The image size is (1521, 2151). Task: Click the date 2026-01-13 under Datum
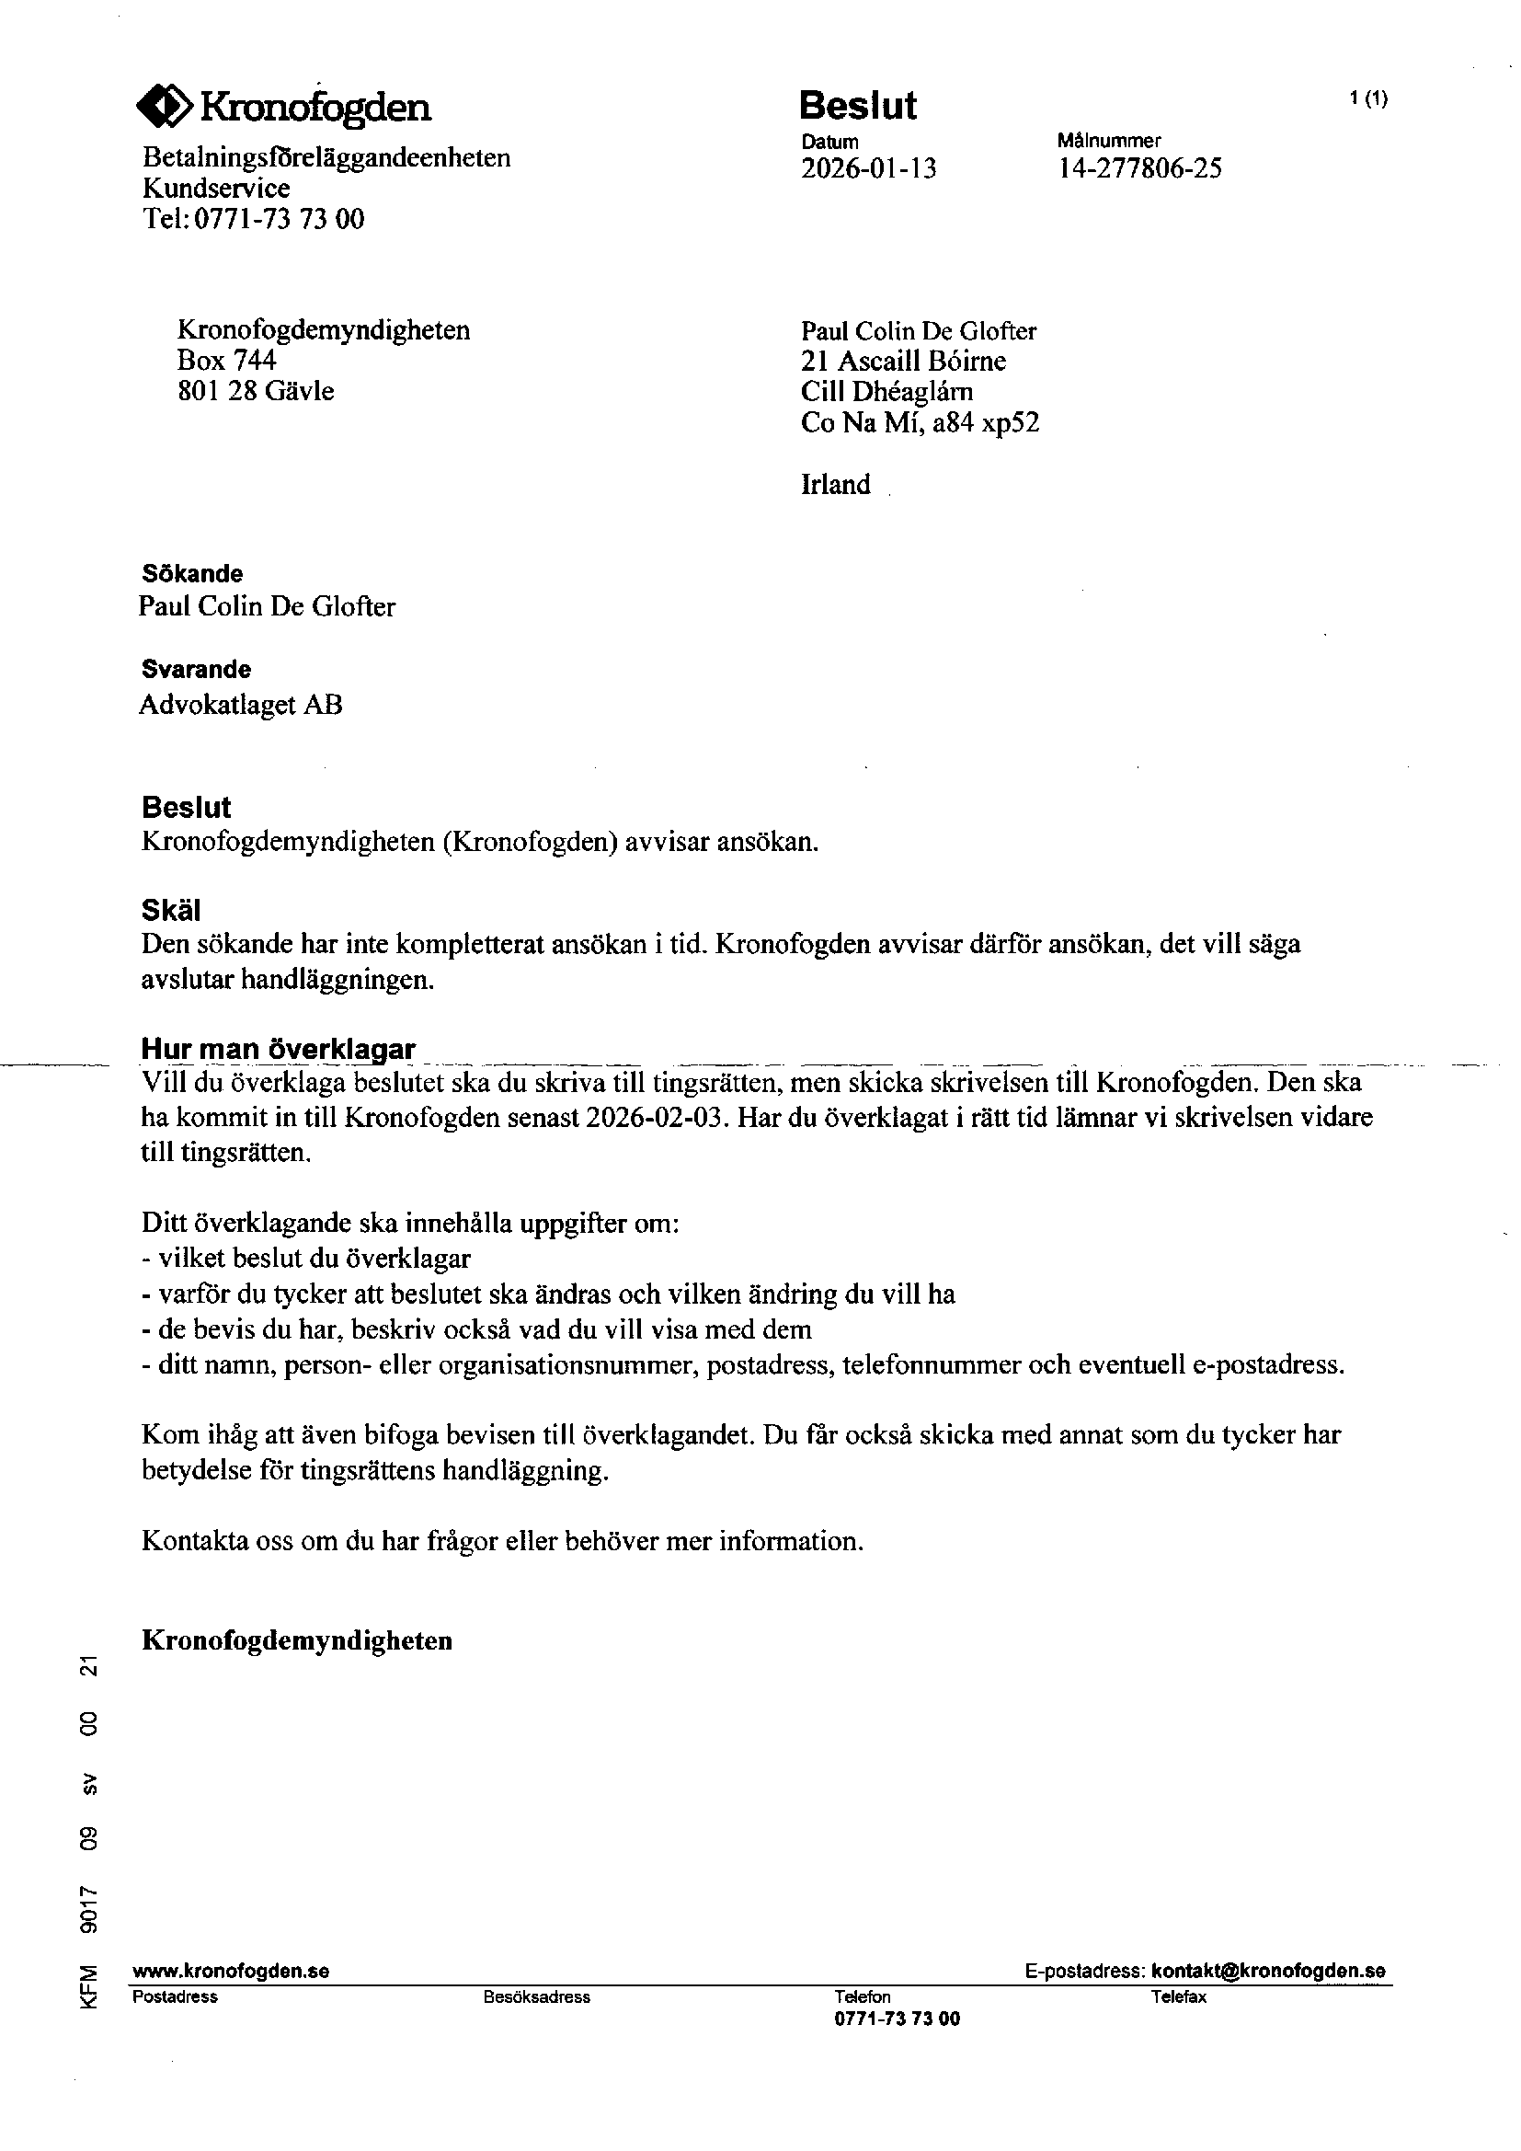pos(868,168)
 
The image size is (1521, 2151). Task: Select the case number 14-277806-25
pos(1138,168)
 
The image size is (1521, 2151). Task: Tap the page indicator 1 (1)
pos(1368,98)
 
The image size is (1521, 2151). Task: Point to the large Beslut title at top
pos(857,106)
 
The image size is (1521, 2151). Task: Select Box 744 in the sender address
pos(226,361)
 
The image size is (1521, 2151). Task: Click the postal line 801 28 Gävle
pos(256,391)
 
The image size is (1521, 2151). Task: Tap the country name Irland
pos(835,484)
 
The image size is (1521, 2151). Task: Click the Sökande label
pos(192,573)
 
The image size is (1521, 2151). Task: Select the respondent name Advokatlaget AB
pos(241,705)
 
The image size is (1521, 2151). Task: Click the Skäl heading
pos(171,910)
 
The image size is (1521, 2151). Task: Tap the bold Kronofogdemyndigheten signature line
pos(297,1640)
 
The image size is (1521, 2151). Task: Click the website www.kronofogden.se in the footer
pos(232,1971)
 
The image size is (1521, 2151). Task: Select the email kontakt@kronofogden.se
pos(1268,1971)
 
